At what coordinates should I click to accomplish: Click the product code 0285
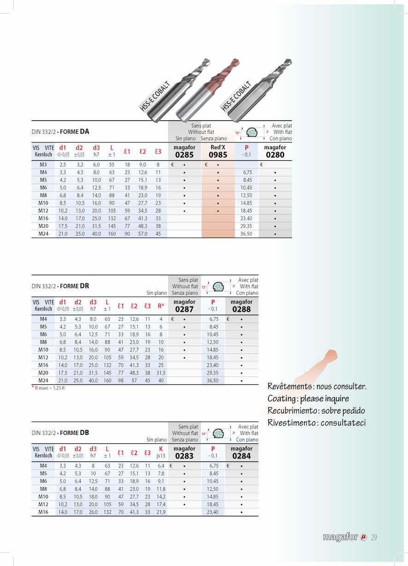[x=184, y=155]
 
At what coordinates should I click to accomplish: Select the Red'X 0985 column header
[x=218, y=152]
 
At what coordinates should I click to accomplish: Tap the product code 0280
[x=275, y=155]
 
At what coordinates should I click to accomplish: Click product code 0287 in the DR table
[x=184, y=309]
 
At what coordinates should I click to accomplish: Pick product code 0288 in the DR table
[x=242, y=309]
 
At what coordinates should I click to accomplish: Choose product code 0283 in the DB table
[x=184, y=456]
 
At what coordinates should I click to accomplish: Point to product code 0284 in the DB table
[x=242, y=456]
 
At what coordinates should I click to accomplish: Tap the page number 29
[x=374, y=537]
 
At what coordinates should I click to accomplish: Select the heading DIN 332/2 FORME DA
[x=60, y=132]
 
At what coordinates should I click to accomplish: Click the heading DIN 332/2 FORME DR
[x=60, y=286]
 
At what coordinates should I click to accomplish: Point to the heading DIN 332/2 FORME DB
[x=60, y=433]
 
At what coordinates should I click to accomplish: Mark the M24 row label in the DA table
[x=43, y=234]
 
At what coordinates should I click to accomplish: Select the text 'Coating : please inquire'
[x=308, y=399]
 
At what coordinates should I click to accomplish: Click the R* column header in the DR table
[x=161, y=306]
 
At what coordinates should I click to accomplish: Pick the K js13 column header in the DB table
[x=161, y=452]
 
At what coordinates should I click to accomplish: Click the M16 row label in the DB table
[x=43, y=512]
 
